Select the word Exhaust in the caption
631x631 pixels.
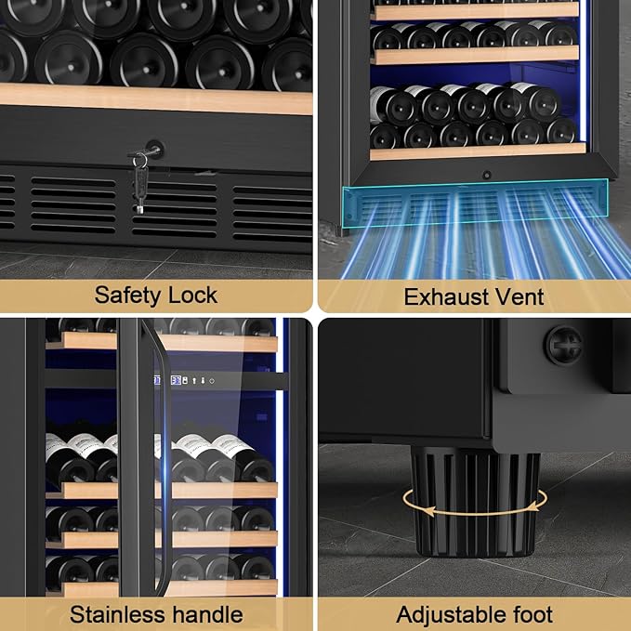click(x=442, y=297)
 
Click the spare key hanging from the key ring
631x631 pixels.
click(x=138, y=195)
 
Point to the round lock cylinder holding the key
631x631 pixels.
click(x=153, y=149)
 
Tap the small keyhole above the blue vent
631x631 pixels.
click(x=486, y=175)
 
